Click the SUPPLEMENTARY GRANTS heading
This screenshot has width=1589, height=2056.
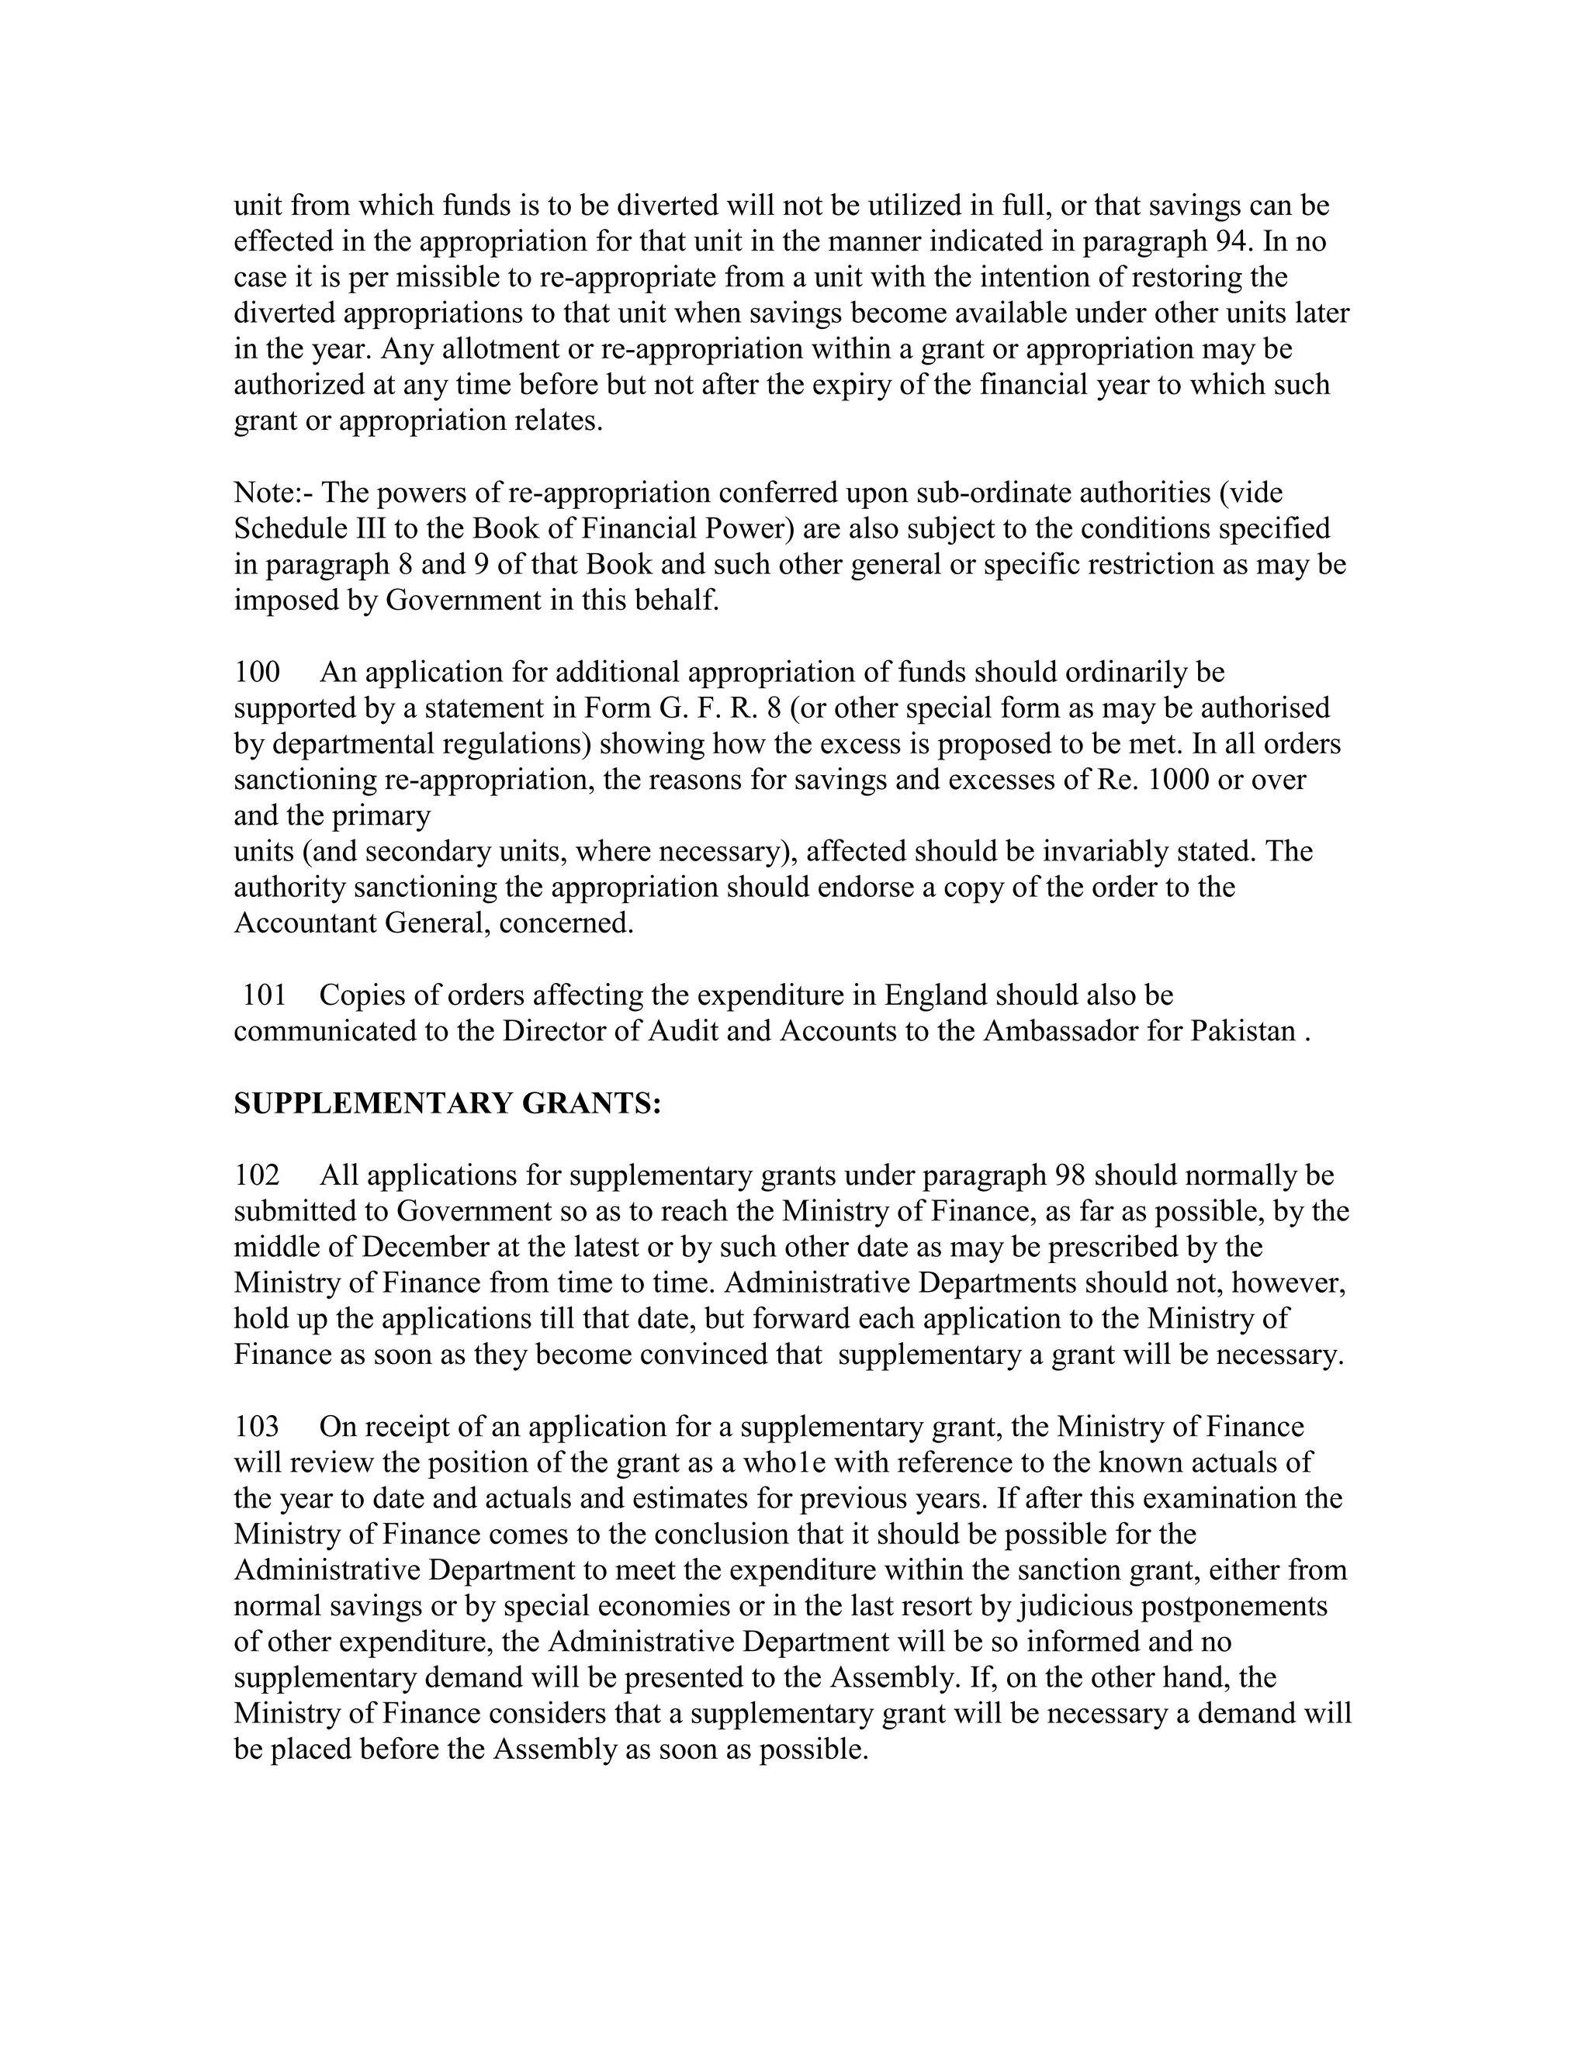point(447,1103)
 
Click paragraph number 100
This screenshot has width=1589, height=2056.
point(257,672)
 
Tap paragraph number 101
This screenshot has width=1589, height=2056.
point(264,995)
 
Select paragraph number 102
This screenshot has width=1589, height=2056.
point(257,1175)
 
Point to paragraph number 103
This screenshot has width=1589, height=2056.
point(257,1427)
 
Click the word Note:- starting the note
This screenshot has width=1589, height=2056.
point(274,493)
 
